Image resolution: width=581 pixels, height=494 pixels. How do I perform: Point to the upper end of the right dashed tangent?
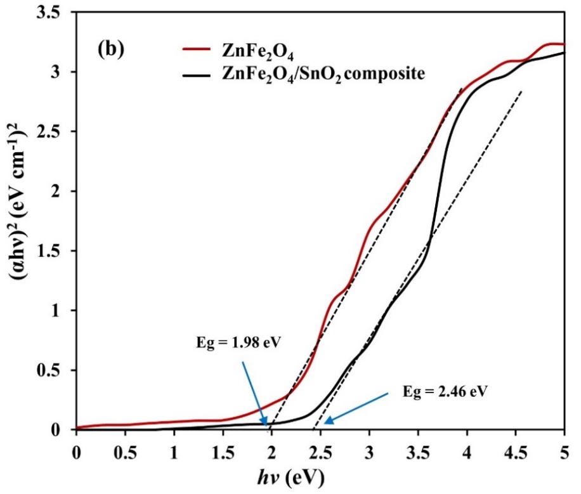click(x=522, y=91)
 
